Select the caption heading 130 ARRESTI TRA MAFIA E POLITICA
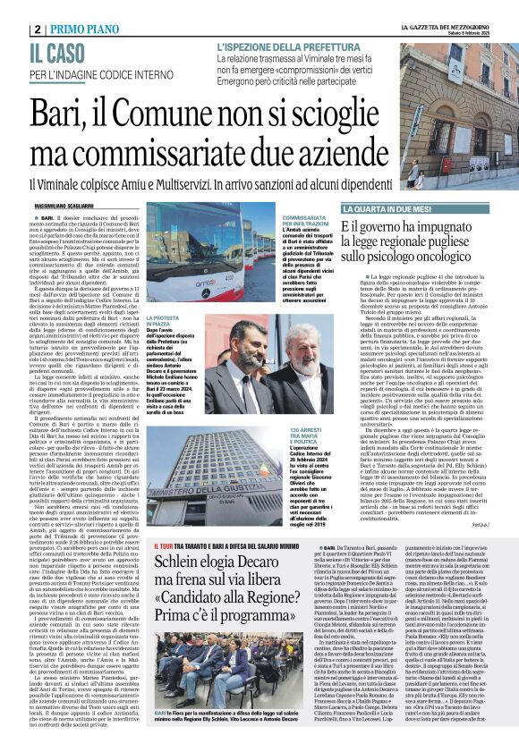pyautogui.click(x=303, y=424)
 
